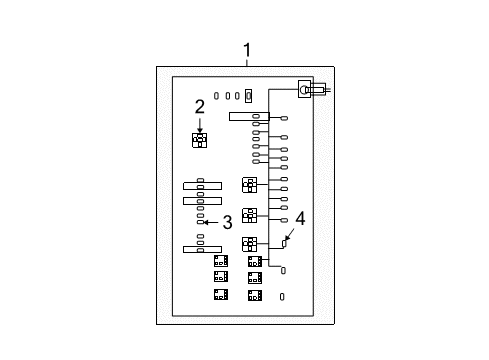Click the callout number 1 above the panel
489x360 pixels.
(247, 51)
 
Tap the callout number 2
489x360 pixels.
(199, 107)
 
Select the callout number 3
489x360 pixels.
(227, 222)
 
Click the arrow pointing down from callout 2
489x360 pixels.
(199, 126)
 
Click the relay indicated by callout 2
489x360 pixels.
(199, 140)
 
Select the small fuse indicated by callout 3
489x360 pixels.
(200, 223)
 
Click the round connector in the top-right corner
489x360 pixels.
(305, 90)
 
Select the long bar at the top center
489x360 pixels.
(248, 116)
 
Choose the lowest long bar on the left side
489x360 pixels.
(201, 248)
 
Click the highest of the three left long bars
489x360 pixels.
(201, 186)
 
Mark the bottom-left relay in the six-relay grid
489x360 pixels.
(220, 294)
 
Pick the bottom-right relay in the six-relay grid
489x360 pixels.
(255, 294)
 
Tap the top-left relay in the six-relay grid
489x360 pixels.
(220, 261)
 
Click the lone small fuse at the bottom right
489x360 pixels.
(282, 296)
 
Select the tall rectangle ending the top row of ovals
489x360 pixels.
(249, 96)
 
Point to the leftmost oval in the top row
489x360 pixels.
(217, 96)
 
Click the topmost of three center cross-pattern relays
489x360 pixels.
(249, 184)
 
